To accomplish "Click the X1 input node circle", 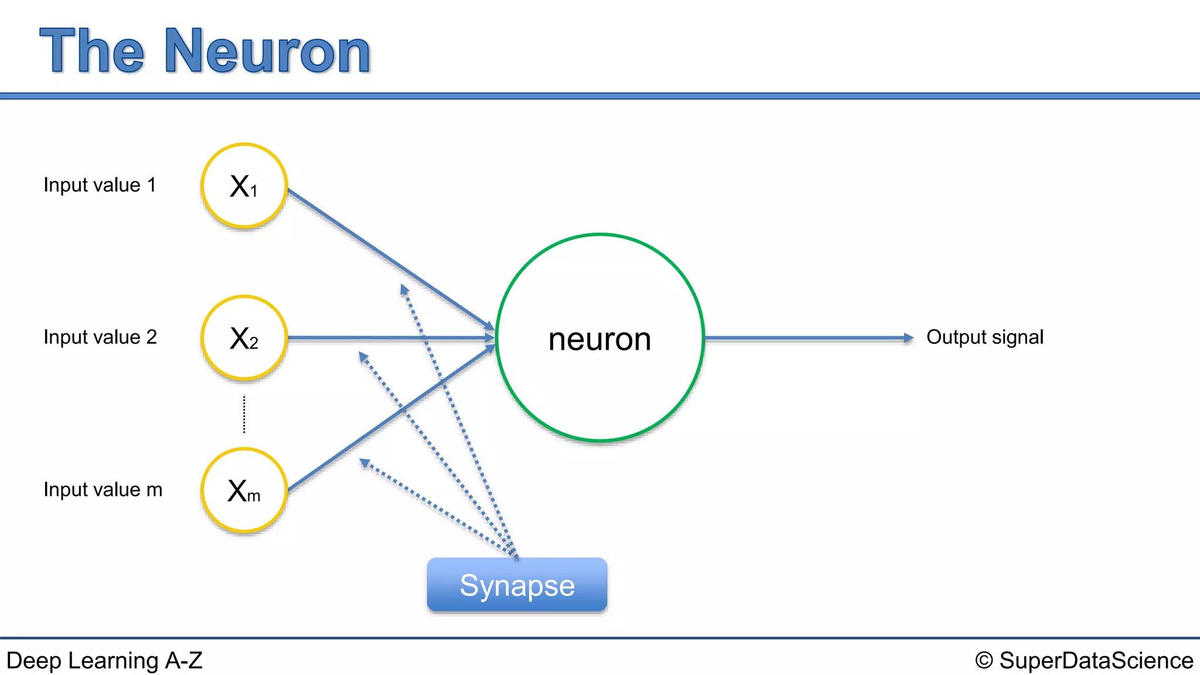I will (x=244, y=186).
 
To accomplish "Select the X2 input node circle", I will (x=244, y=338).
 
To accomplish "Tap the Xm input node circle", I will (x=244, y=490).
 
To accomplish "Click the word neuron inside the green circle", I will (x=599, y=339).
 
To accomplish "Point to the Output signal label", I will (x=984, y=337).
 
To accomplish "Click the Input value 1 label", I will (x=100, y=185).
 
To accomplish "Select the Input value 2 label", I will (x=100, y=337).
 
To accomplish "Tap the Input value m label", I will (x=103, y=490).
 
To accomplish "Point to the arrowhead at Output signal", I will (x=908, y=338).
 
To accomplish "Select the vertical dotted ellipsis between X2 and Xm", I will (x=244, y=414).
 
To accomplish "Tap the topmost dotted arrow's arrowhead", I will (x=404, y=289).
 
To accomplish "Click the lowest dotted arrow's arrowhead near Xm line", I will (x=364, y=463).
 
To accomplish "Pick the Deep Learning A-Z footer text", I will (x=104, y=660).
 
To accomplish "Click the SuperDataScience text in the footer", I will (x=1096, y=660).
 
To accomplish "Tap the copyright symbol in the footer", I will (x=984, y=660).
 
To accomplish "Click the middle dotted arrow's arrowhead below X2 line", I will (x=363, y=356).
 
